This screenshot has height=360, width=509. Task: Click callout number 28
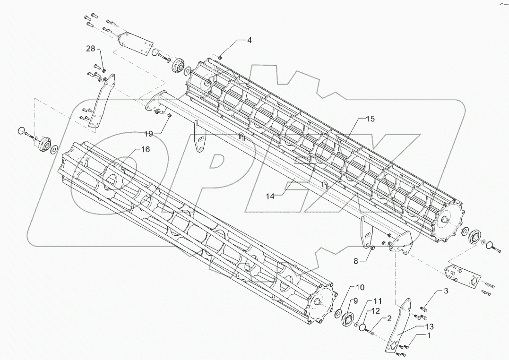tap(91, 49)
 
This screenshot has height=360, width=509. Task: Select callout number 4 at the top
tap(249, 41)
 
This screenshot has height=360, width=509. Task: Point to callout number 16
tap(145, 149)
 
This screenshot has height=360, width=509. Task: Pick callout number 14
tap(269, 197)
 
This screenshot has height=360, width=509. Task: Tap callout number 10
tap(360, 287)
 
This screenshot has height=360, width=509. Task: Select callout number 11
tap(378, 301)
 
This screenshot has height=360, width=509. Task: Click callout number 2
tap(389, 318)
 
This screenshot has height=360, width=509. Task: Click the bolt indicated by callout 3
tap(423, 309)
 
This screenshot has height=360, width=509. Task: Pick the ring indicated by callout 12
tap(362, 327)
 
